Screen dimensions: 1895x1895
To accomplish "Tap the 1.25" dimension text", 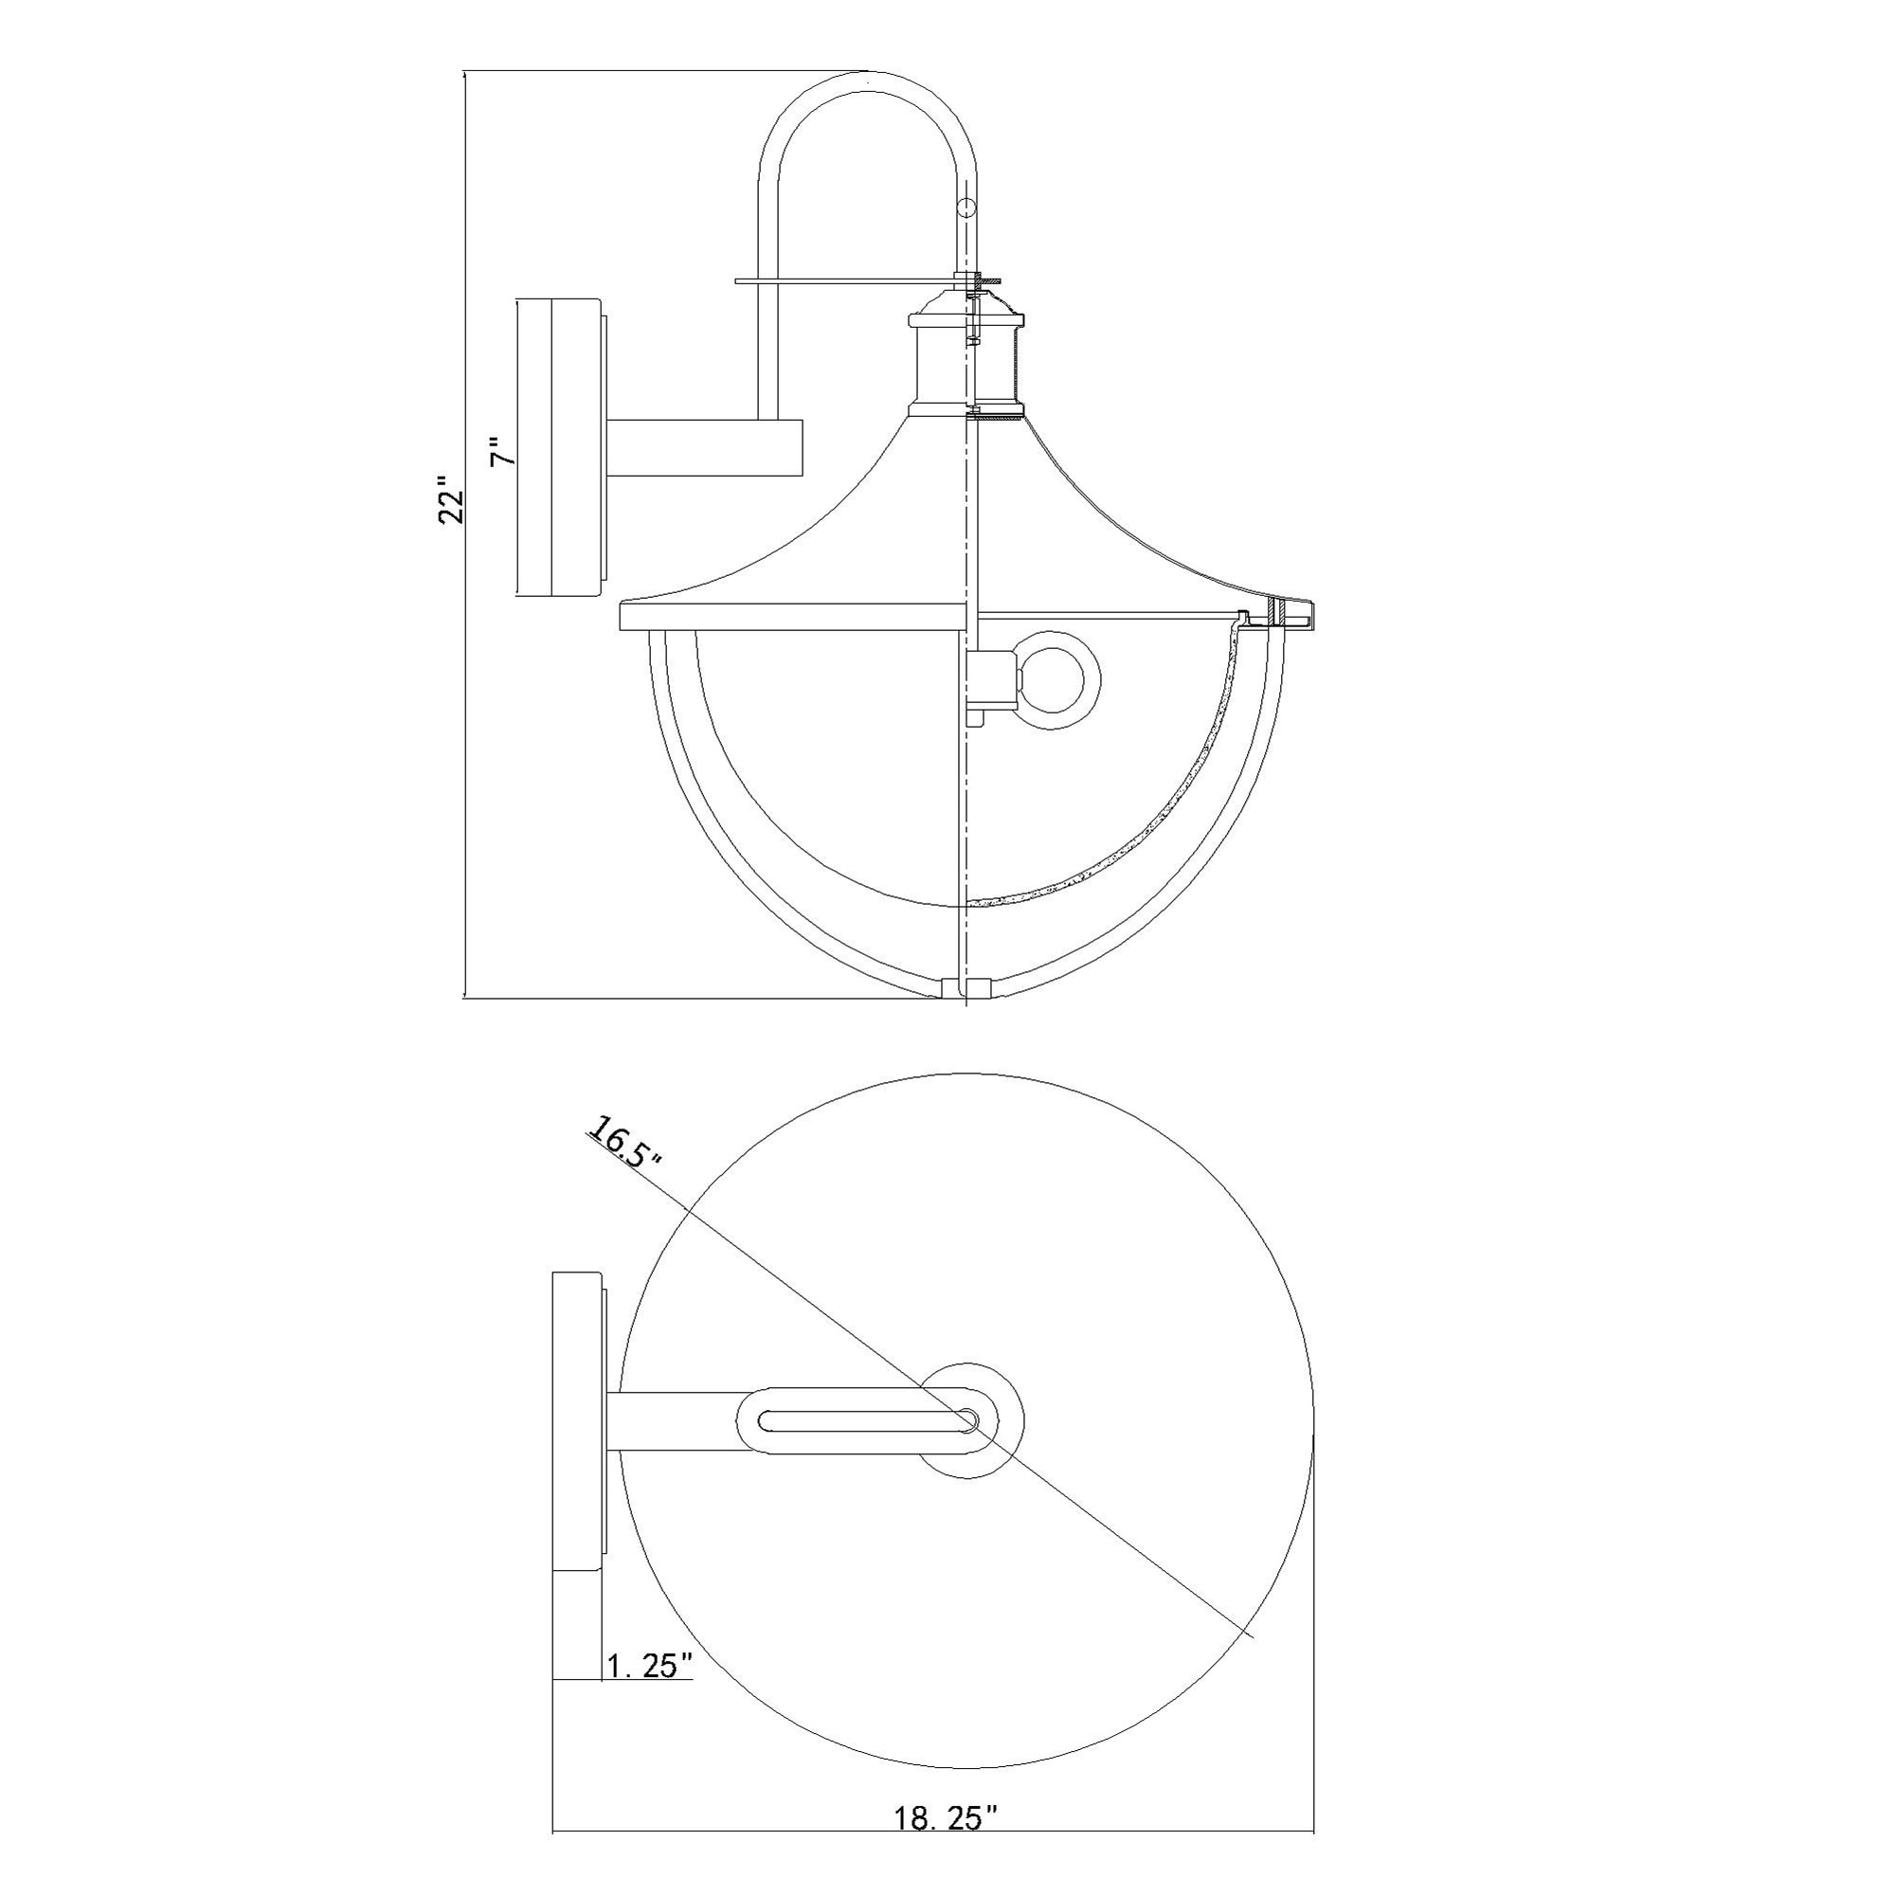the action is tap(649, 1666).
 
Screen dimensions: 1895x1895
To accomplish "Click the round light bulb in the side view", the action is tap(1057, 679).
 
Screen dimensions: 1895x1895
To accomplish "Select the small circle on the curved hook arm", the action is tap(967, 208).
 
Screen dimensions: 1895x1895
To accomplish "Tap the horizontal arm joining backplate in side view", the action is tap(705, 449).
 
